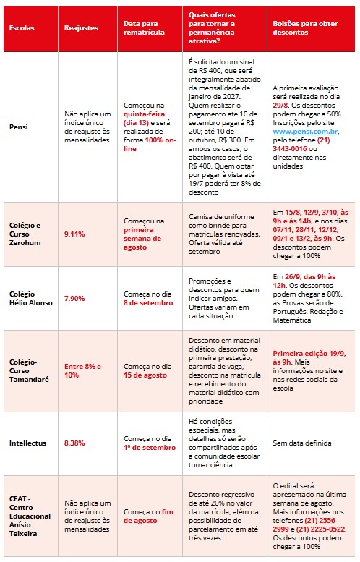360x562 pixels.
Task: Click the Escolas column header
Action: (22, 28)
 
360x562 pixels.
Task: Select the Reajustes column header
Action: (81, 28)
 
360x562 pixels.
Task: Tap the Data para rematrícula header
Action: (144, 28)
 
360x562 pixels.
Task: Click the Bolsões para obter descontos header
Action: (305, 28)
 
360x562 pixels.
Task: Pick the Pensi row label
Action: (19, 127)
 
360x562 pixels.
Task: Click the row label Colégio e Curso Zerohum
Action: (25, 234)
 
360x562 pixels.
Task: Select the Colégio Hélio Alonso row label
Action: (31, 298)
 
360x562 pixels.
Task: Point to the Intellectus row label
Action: (27, 443)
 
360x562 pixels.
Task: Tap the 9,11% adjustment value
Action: (74, 234)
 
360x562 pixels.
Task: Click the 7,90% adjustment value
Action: (74, 298)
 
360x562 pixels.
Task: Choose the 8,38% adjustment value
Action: (74, 443)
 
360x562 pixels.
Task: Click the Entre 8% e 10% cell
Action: (82, 370)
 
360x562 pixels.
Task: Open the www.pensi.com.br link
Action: (305, 132)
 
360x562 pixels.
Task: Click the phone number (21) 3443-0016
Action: (301, 145)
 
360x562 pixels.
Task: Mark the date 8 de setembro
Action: (148, 303)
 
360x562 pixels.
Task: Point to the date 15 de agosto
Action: (145, 375)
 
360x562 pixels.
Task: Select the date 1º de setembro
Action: (150, 448)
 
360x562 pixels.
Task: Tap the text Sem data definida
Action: (302, 443)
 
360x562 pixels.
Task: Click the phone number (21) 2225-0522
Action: (320, 529)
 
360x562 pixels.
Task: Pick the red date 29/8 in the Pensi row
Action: (280, 106)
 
